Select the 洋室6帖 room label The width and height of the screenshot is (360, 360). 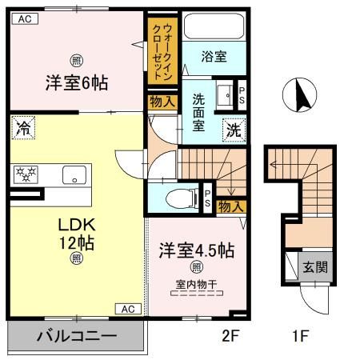coord(77,82)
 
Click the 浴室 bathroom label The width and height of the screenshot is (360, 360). coord(212,58)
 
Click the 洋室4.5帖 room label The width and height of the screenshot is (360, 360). coord(195,249)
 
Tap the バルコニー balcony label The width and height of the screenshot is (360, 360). coord(77,337)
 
